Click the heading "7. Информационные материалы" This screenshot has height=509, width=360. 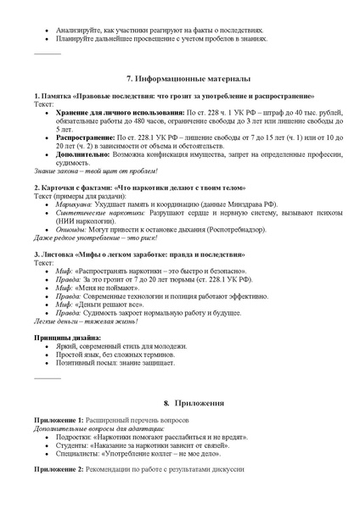[180, 78]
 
